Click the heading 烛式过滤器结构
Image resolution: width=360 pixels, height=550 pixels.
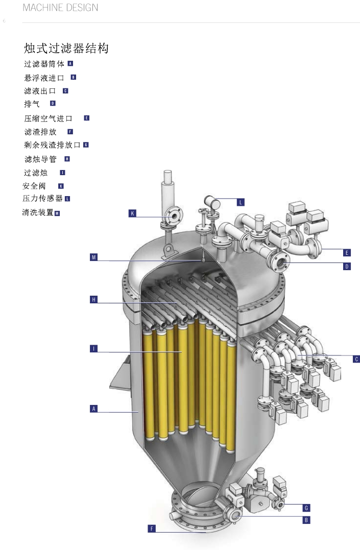click(x=66, y=49)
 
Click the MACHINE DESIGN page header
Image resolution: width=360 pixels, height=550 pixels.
click(x=60, y=7)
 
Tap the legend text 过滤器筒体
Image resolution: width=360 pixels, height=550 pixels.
click(x=44, y=64)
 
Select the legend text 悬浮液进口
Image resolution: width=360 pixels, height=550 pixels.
click(x=44, y=78)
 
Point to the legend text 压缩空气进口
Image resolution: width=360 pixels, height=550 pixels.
click(x=48, y=118)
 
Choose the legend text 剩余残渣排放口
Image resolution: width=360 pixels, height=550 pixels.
click(x=52, y=145)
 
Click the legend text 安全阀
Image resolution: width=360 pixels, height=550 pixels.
click(x=34, y=186)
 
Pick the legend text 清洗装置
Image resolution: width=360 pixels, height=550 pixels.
click(x=38, y=212)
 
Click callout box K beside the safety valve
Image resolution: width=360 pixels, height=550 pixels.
click(x=132, y=213)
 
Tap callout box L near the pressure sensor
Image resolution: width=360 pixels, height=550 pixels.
click(x=241, y=202)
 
